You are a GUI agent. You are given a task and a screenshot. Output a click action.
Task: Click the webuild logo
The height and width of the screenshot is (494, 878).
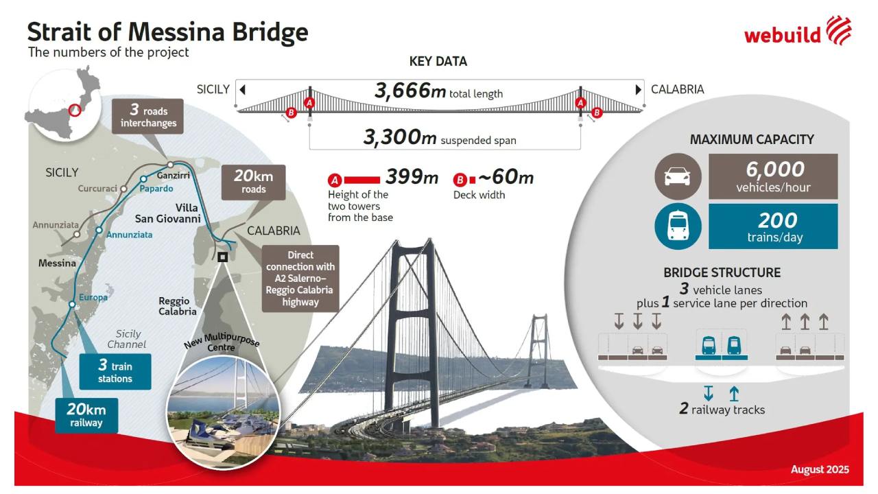(x=798, y=31)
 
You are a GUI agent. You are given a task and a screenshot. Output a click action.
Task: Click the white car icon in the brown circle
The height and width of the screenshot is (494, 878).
(x=678, y=176)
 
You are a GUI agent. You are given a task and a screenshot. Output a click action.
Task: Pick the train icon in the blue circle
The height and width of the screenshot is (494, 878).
(x=678, y=226)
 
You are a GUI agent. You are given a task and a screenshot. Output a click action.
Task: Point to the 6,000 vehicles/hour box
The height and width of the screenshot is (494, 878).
(x=773, y=176)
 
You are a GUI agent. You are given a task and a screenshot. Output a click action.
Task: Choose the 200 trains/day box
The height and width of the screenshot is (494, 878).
(x=773, y=226)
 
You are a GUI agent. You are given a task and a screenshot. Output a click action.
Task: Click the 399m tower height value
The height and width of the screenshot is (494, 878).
(x=412, y=177)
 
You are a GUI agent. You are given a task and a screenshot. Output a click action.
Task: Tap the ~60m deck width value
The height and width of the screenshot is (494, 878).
(x=506, y=177)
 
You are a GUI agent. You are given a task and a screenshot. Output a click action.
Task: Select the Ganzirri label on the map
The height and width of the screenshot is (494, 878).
(x=174, y=175)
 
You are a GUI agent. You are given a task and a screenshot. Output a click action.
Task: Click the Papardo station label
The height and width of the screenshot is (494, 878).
(x=156, y=189)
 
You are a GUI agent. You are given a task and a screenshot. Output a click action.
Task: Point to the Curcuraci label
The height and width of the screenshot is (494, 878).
(x=97, y=189)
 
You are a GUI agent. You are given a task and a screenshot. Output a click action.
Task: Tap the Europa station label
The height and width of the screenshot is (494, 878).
(x=93, y=298)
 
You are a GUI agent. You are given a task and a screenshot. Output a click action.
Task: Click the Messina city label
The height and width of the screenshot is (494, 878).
(x=57, y=263)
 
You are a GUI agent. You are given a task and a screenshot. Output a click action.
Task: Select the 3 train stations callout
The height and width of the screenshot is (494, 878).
(x=115, y=371)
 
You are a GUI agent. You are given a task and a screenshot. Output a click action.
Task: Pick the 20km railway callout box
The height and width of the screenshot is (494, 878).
(x=86, y=416)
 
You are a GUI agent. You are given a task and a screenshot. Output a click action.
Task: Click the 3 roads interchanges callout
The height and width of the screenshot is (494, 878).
(x=147, y=116)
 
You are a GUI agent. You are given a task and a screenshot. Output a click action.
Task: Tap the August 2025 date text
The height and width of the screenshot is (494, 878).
(x=820, y=469)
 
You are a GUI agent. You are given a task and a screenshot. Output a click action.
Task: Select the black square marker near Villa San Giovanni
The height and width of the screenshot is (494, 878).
(x=222, y=257)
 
